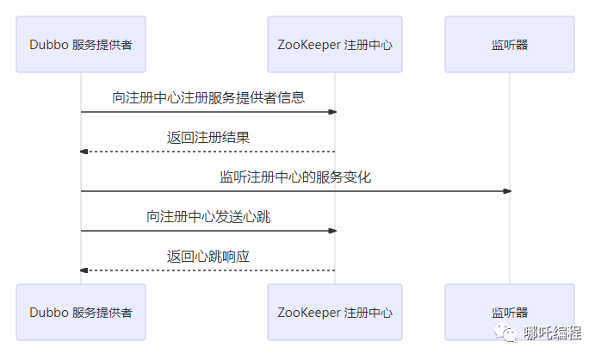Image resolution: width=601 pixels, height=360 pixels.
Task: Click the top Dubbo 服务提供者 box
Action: (x=81, y=44)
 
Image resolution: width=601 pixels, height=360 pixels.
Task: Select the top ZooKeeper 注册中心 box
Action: (x=335, y=44)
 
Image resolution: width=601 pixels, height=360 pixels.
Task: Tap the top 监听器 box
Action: (x=509, y=44)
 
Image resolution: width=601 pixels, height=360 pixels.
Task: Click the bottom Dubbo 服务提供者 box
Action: (x=81, y=312)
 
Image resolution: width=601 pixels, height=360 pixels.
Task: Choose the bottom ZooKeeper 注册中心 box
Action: (x=335, y=312)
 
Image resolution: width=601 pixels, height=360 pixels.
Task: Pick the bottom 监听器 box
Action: (x=509, y=312)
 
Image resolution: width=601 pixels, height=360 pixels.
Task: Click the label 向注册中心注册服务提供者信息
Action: (x=208, y=97)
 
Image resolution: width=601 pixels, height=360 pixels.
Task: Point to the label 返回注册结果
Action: (x=208, y=137)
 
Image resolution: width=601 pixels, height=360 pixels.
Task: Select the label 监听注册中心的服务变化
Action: (x=295, y=177)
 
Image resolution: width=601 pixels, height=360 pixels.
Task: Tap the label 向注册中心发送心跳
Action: (x=208, y=216)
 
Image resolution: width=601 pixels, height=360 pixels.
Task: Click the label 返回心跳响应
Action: (x=208, y=256)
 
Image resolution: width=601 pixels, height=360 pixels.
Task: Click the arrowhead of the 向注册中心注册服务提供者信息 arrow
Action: (x=332, y=112)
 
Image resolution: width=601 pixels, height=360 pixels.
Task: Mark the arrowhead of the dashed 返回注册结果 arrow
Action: (x=84, y=152)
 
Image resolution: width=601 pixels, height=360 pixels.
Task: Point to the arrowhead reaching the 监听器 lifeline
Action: (x=507, y=191)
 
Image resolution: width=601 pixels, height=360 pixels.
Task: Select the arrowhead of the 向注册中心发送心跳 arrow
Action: (x=332, y=231)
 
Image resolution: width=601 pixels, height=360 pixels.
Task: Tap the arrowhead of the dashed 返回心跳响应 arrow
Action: (x=84, y=270)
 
